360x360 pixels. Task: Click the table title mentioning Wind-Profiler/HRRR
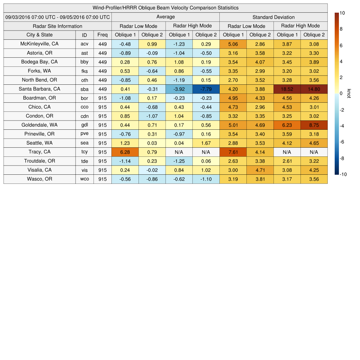pos(166,8)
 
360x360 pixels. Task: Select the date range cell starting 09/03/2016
pos(58,17)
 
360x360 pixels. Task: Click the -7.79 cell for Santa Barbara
pos(206,89)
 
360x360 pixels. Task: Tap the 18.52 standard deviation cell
pos(287,89)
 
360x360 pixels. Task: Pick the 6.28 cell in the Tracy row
pos(125,152)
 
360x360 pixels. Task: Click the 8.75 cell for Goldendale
pos(314,125)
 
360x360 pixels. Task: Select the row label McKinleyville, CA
pos(39,44)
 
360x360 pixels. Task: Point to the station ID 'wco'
pos(84,179)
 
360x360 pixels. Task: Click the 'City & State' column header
pos(39,35)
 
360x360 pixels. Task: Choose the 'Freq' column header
pos(103,35)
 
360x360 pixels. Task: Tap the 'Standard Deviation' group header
pos(274,17)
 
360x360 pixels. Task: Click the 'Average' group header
pos(165,17)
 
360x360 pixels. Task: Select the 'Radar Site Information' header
pos(58,26)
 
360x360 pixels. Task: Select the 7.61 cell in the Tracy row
pos(233,152)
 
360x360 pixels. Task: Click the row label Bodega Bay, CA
pos(39,62)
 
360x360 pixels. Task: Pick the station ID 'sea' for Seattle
pos(84,143)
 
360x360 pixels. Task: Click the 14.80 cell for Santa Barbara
pos(314,89)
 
